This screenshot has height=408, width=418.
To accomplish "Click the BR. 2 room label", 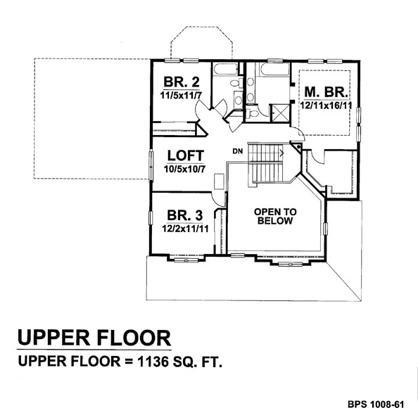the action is click(x=182, y=82).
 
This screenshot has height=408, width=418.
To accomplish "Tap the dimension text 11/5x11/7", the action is click(x=181, y=96).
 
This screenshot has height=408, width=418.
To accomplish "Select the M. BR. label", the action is click(x=326, y=92).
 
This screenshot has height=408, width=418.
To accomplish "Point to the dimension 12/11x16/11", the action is click(x=326, y=106).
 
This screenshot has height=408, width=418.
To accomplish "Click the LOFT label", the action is click(x=186, y=155).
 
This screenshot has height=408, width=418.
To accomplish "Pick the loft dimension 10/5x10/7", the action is click(x=185, y=169).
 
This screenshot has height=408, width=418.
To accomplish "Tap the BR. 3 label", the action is click(x=185, y=215).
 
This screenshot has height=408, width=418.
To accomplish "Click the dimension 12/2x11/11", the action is click(x=185, y=229).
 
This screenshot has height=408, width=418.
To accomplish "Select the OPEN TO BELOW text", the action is click(x=275, y=216).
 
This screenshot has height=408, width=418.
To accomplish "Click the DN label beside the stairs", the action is click(x=238, y=151).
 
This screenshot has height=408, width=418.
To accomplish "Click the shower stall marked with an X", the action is click(x=279, y=113).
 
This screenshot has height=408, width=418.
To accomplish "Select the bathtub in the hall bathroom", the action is click(x=226, y=69).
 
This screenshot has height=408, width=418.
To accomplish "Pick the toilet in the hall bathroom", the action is click(x=236, y=83).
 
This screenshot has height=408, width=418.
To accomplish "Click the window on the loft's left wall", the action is click(x=151, y=166).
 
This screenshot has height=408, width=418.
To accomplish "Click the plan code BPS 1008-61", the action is click(x=376, y=404).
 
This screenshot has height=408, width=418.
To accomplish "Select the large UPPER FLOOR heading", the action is click(x=94, y=338).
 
